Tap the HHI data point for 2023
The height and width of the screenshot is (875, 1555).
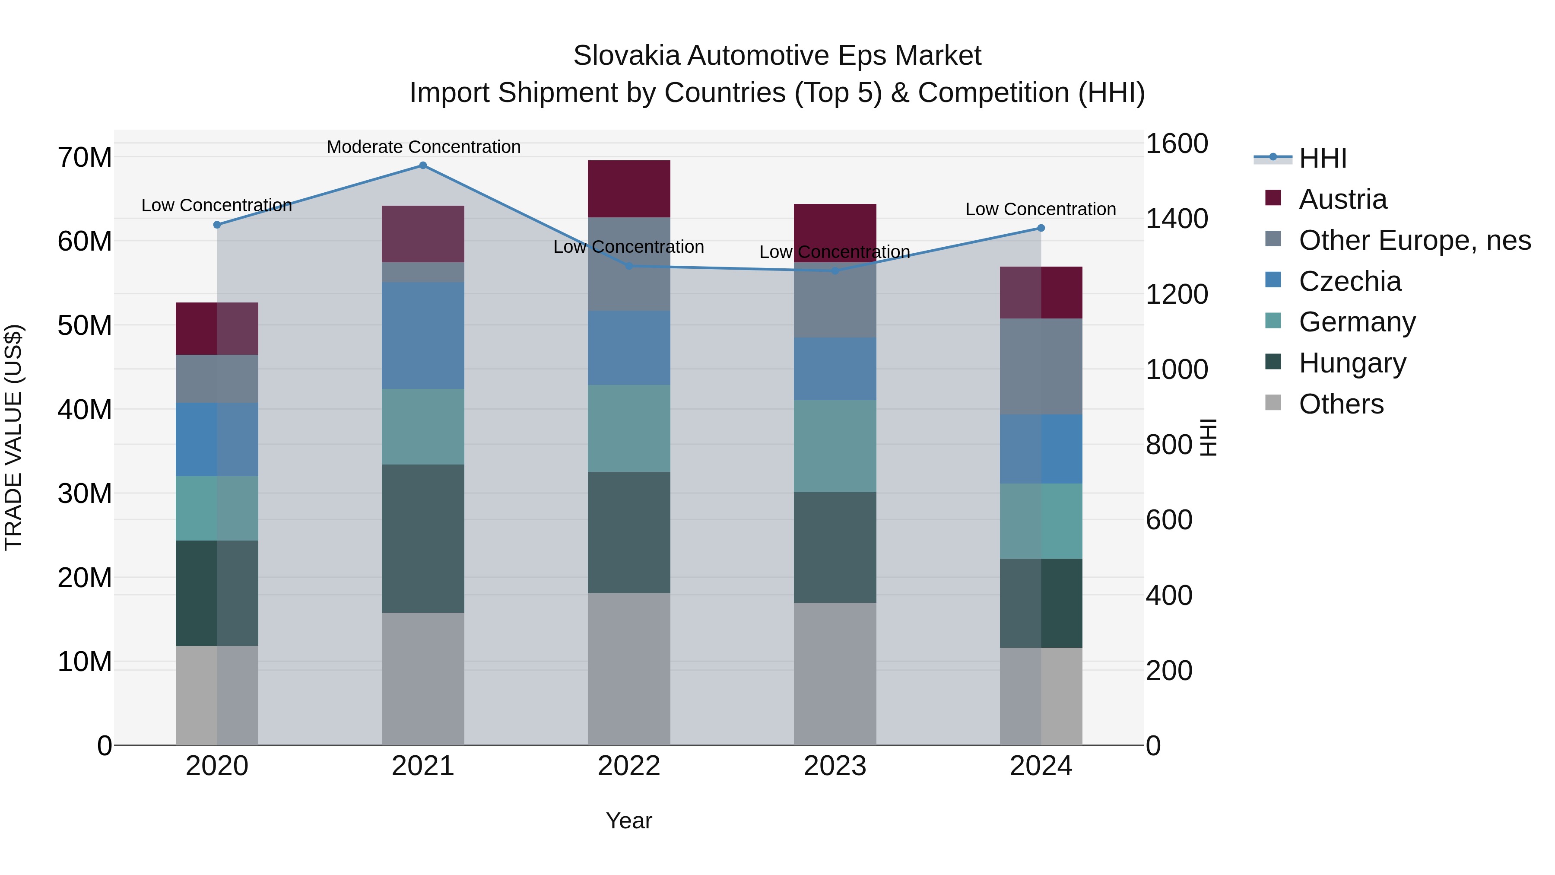pos(835,270)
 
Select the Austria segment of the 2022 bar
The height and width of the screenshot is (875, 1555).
pos(628,188)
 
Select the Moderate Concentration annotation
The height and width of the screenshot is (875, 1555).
pos(423,147)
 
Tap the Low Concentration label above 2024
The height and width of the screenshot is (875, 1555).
pos(1040,209)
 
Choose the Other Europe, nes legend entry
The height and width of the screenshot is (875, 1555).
pos(1414,240)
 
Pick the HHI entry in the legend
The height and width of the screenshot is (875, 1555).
pos(1322,158)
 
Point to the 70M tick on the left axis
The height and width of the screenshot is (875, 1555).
pos(85,158)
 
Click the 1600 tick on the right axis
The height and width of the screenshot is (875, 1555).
pos(1176,144)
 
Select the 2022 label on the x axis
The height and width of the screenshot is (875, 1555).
pos(628,766)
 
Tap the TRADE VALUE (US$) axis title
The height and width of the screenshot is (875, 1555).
pos(13,437)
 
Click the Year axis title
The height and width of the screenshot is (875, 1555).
pos(628,821)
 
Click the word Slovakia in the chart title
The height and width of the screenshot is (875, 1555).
pos(627,56)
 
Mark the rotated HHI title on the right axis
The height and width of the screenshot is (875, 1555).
pos(1208,437)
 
